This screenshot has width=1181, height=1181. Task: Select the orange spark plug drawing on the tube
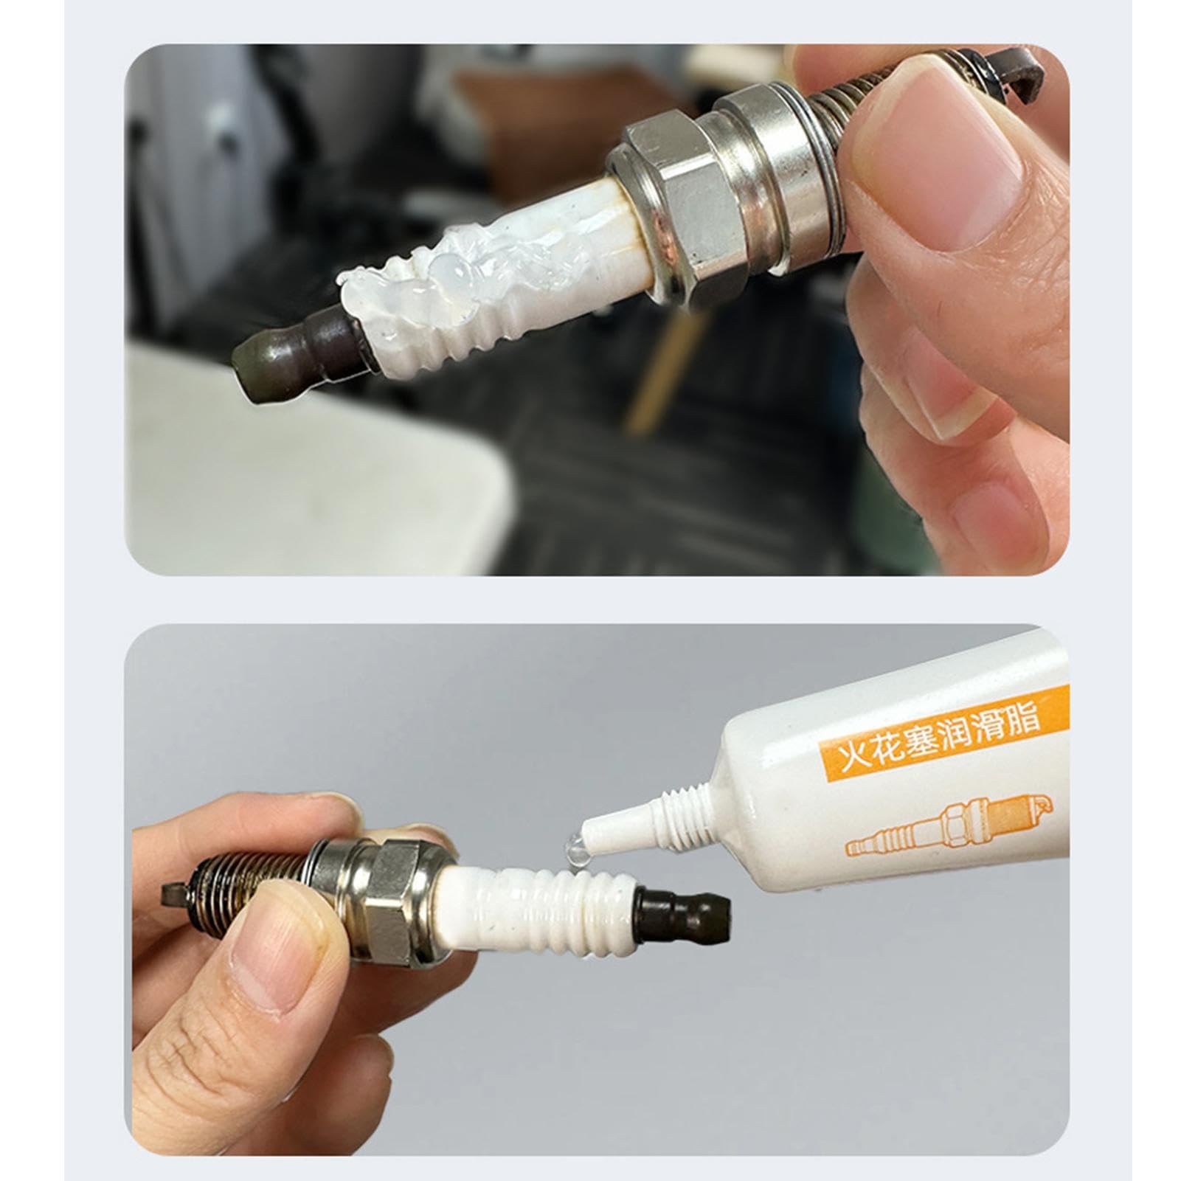(952, 826)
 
